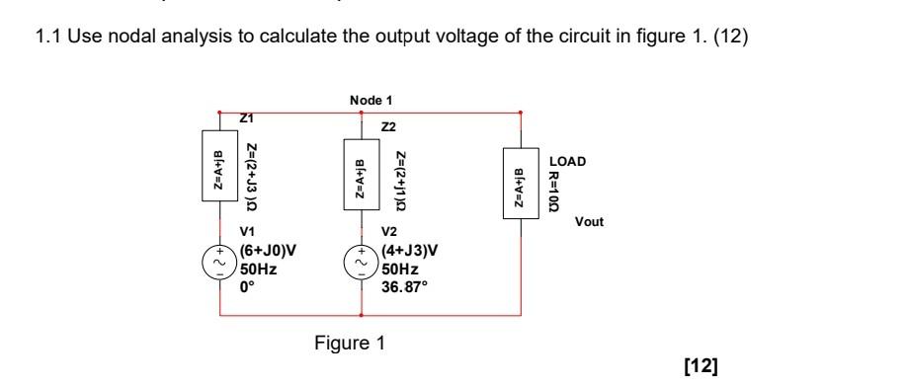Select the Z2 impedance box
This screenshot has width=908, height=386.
(x=361, y=179)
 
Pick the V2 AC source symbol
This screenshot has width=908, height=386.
(x=361, y=264)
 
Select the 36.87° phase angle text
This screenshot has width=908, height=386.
(x=404, y=287)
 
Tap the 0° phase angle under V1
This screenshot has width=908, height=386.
(x=248, y=287)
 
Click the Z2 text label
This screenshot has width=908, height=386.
(x=387, y=128)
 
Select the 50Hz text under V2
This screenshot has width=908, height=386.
(x=400, y=269)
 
